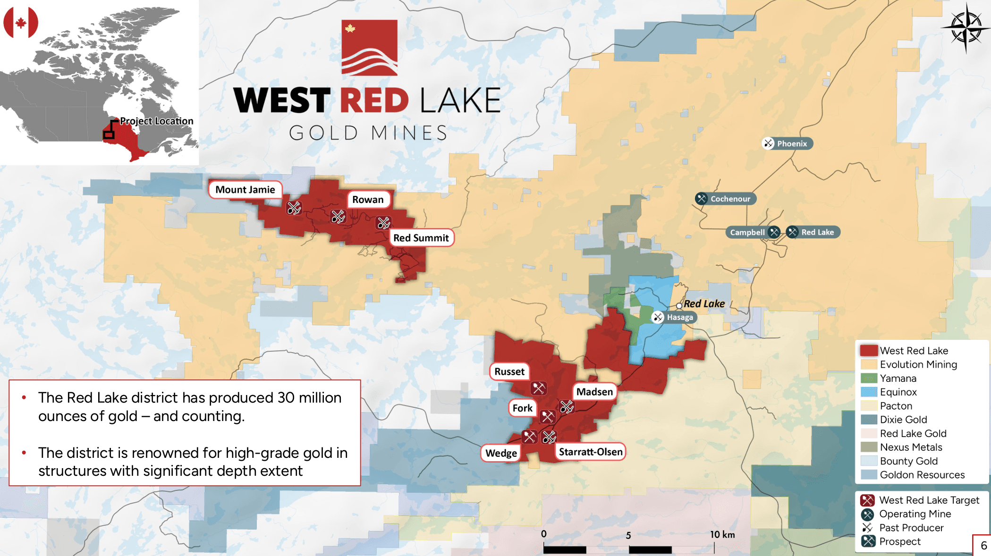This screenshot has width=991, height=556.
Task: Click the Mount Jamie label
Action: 245,190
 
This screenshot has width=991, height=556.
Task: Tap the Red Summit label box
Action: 421,238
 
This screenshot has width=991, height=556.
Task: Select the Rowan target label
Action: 368,200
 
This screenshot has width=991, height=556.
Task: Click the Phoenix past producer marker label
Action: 791,143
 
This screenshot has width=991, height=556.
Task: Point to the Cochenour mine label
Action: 730,199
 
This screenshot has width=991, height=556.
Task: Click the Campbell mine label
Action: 747,232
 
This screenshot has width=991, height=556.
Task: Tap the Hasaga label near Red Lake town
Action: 679,317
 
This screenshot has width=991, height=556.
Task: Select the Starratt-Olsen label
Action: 590,452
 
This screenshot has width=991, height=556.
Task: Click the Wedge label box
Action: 501,453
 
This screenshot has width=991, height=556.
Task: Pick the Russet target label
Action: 509,371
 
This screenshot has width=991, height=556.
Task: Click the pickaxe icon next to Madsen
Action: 567,406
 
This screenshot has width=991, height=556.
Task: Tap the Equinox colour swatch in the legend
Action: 868,392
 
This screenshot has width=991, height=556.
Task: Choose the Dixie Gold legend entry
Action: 903,420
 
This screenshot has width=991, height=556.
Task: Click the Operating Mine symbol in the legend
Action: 867,514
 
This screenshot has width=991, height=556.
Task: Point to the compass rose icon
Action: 966,27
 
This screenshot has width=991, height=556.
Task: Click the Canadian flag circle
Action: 21,22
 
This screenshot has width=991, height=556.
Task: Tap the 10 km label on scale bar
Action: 722,534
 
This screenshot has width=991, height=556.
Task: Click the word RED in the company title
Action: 374,101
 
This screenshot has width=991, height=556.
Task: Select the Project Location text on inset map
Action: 156,121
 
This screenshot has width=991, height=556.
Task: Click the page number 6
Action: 983,546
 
